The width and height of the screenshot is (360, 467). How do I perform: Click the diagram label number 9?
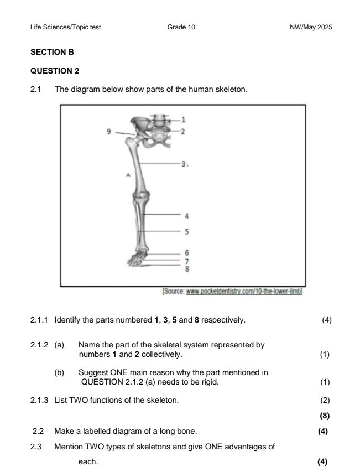tap(109, 132)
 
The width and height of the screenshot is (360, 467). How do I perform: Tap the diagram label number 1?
tap(184, 120)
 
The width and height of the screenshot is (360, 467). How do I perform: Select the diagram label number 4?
tap(187, 216)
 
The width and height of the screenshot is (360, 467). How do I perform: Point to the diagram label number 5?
tap(187, 231)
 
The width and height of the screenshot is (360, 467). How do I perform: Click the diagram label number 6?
tap(187, 252)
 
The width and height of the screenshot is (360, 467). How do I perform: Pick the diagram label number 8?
tap(187, 268)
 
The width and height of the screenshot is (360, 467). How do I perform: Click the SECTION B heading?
tap(52, 51)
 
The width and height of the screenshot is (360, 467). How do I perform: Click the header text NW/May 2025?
tap(311, 27)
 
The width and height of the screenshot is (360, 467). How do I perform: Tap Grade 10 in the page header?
tap(180, 27)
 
